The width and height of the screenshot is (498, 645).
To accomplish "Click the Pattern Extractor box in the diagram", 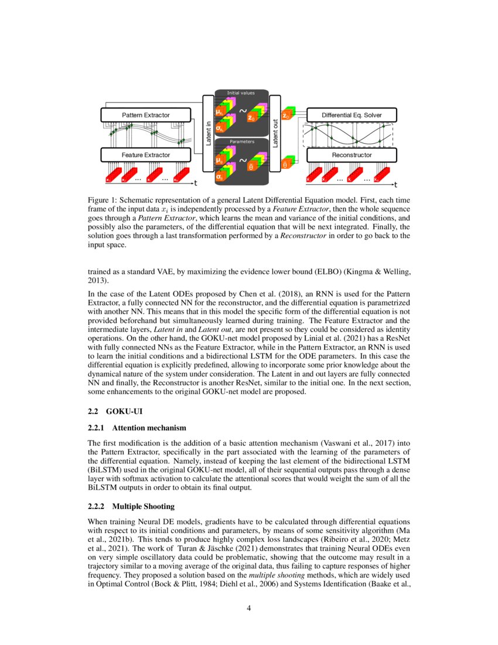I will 146,115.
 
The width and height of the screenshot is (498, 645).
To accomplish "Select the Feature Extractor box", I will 146,155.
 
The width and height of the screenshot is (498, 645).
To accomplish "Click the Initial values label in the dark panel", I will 241,93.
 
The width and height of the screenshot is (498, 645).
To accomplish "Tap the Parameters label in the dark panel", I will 241,141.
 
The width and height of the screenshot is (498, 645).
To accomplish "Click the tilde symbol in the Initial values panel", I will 242,109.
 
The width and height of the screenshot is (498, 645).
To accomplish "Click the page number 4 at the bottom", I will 249,607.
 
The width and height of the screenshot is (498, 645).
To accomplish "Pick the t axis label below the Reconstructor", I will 395,185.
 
